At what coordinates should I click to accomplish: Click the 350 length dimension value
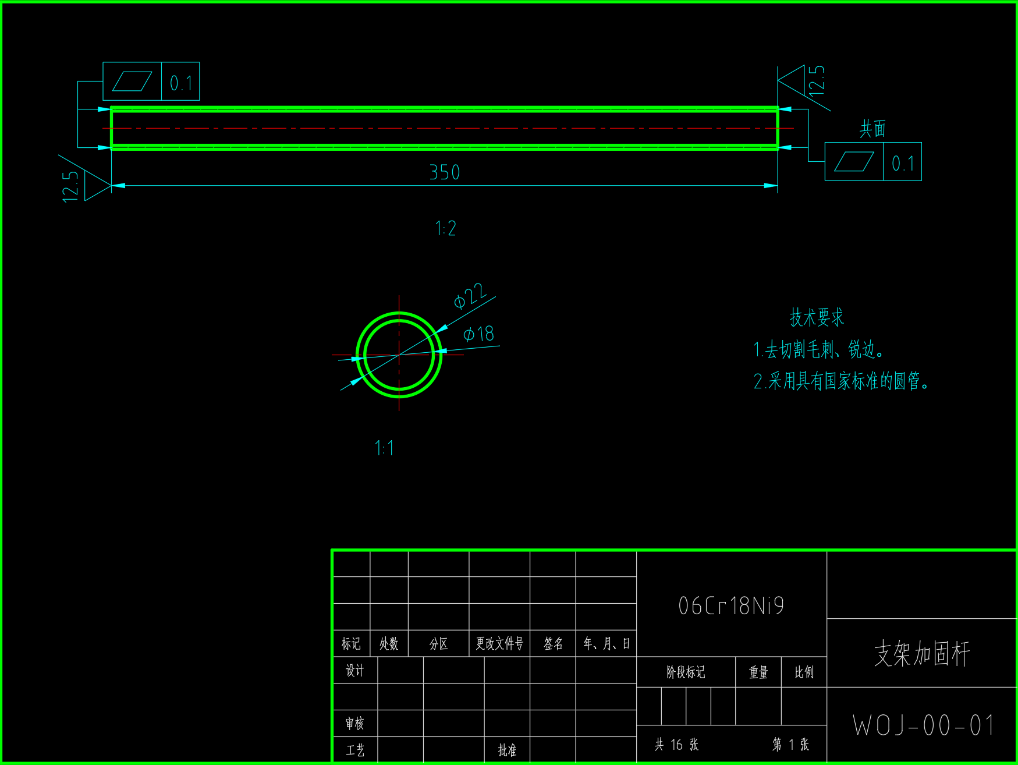[x=445, y=172]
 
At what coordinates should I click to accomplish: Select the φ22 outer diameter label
[x=470, y=295]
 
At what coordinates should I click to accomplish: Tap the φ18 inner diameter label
[x=478, y=334]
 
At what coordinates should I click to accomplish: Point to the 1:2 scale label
[x=446, y=228]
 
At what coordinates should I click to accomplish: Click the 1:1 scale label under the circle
[x=384, y=448]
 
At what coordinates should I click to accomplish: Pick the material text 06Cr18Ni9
[x=731, y=605]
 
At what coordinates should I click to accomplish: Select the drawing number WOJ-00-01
[x=924, y=725]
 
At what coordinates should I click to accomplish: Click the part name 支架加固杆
[x=922, y=653]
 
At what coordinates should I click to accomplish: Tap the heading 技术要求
[x=817, y=317]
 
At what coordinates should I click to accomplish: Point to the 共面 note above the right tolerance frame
[x=872, y=129]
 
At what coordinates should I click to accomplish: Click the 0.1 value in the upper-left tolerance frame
[x=181, y=83]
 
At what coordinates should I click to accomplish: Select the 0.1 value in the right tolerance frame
[x=903, y=164]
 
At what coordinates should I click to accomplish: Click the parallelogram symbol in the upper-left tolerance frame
[x=132, y=82]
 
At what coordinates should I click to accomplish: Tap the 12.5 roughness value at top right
[x=817, y=80]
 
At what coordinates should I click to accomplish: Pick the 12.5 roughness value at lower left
[x=70, y=186]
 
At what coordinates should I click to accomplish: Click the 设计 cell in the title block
[x=354, y=671]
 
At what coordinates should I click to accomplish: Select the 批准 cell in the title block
[x=507, y=750]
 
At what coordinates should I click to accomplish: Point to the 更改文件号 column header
[x=499, y=643]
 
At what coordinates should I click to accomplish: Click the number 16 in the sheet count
[x=676, y=745]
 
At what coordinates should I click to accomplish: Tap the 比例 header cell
[x=804, y=672]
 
